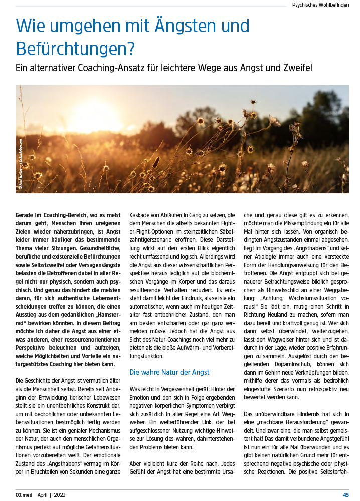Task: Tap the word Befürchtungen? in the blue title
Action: coord(76,48)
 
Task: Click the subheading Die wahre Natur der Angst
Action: coord(169,372)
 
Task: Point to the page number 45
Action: coord(346,495)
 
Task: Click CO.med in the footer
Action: coord(25,495)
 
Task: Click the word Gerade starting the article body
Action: coord(26,214)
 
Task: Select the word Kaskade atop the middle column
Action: coord(141,214)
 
